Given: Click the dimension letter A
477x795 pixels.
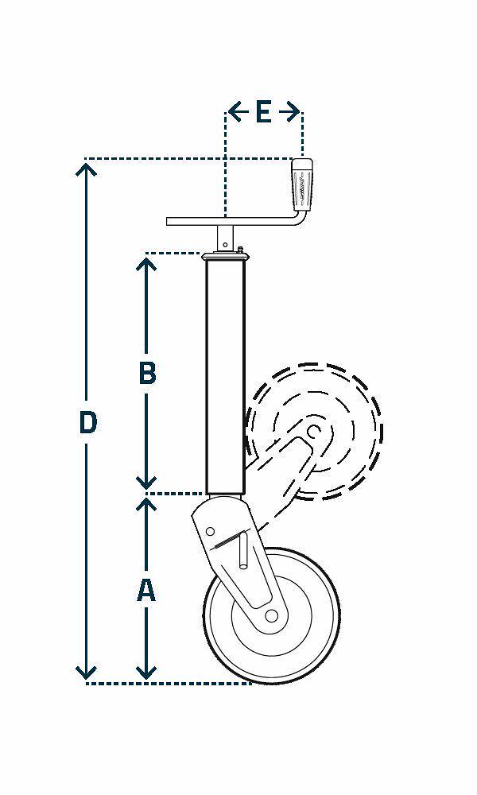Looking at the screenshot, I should pos(145,590).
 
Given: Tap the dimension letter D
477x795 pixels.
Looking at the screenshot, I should pos(87,422).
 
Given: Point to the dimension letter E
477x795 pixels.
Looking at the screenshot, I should pos(263,112).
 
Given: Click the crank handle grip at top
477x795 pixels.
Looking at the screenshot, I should pos(303,184).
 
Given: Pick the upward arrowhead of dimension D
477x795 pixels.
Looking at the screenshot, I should pos(87,168).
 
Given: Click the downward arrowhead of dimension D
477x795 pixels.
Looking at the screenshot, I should pos(87,673).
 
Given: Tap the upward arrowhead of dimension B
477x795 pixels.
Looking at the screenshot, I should pos(145,262).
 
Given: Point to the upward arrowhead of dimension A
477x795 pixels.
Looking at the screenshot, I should pos(145,504).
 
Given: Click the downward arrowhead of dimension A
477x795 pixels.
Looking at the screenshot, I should pos(145,673).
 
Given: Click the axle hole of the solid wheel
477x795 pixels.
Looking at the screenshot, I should pos(271,615).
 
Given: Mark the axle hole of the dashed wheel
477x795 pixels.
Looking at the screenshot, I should pos(314,432).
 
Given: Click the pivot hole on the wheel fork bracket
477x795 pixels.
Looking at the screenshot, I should pos(211,530).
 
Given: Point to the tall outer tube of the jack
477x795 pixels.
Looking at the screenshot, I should pos(224,374).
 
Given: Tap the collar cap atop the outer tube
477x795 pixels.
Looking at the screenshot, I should pos(225,256).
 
